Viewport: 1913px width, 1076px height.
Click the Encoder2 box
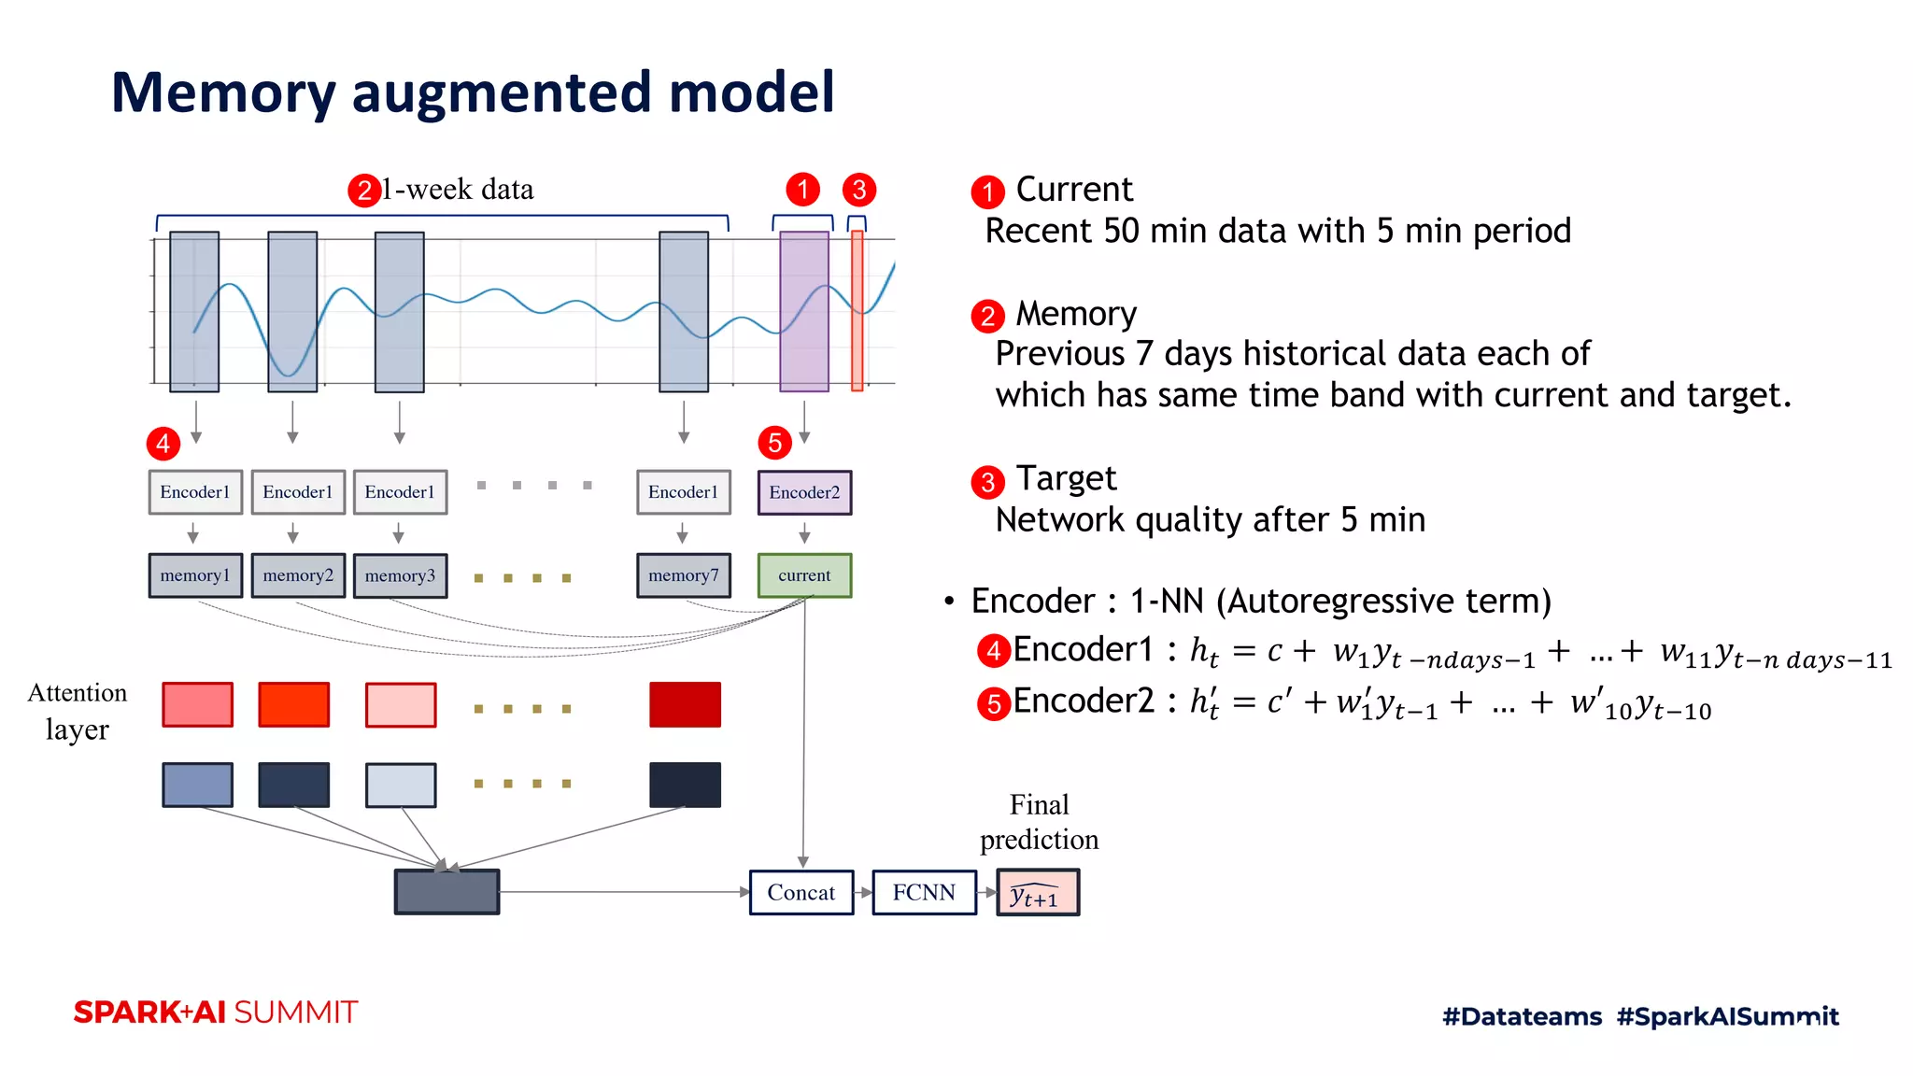[804, 492]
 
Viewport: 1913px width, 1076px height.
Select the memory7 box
[684, 575]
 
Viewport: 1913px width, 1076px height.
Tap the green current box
[804, 575]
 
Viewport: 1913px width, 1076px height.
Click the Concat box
[801, 892]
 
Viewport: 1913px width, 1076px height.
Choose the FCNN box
[924, 892]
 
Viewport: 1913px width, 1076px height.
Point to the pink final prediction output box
[1038, 893]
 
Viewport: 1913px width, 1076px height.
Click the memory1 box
[195, 575]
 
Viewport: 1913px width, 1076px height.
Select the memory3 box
[400, 576]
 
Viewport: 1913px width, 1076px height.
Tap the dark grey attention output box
[446, 892]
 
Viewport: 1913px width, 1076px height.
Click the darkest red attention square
[685, 704]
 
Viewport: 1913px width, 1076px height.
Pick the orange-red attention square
[293, 704]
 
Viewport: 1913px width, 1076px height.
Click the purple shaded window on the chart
[804, 311]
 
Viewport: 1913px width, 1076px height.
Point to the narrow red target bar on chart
[857, 311]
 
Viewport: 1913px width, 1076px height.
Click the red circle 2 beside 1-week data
[363, 191]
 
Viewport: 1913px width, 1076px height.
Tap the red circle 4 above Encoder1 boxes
[163, 443]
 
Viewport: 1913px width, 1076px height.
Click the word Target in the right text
[1066, 479]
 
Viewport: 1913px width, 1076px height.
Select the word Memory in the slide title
[222, 92]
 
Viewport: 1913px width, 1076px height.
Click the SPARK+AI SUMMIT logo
[216, 1012]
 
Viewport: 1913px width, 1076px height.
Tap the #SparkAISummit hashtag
[1727, 1016]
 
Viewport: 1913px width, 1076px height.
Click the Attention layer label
[78, 711]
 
